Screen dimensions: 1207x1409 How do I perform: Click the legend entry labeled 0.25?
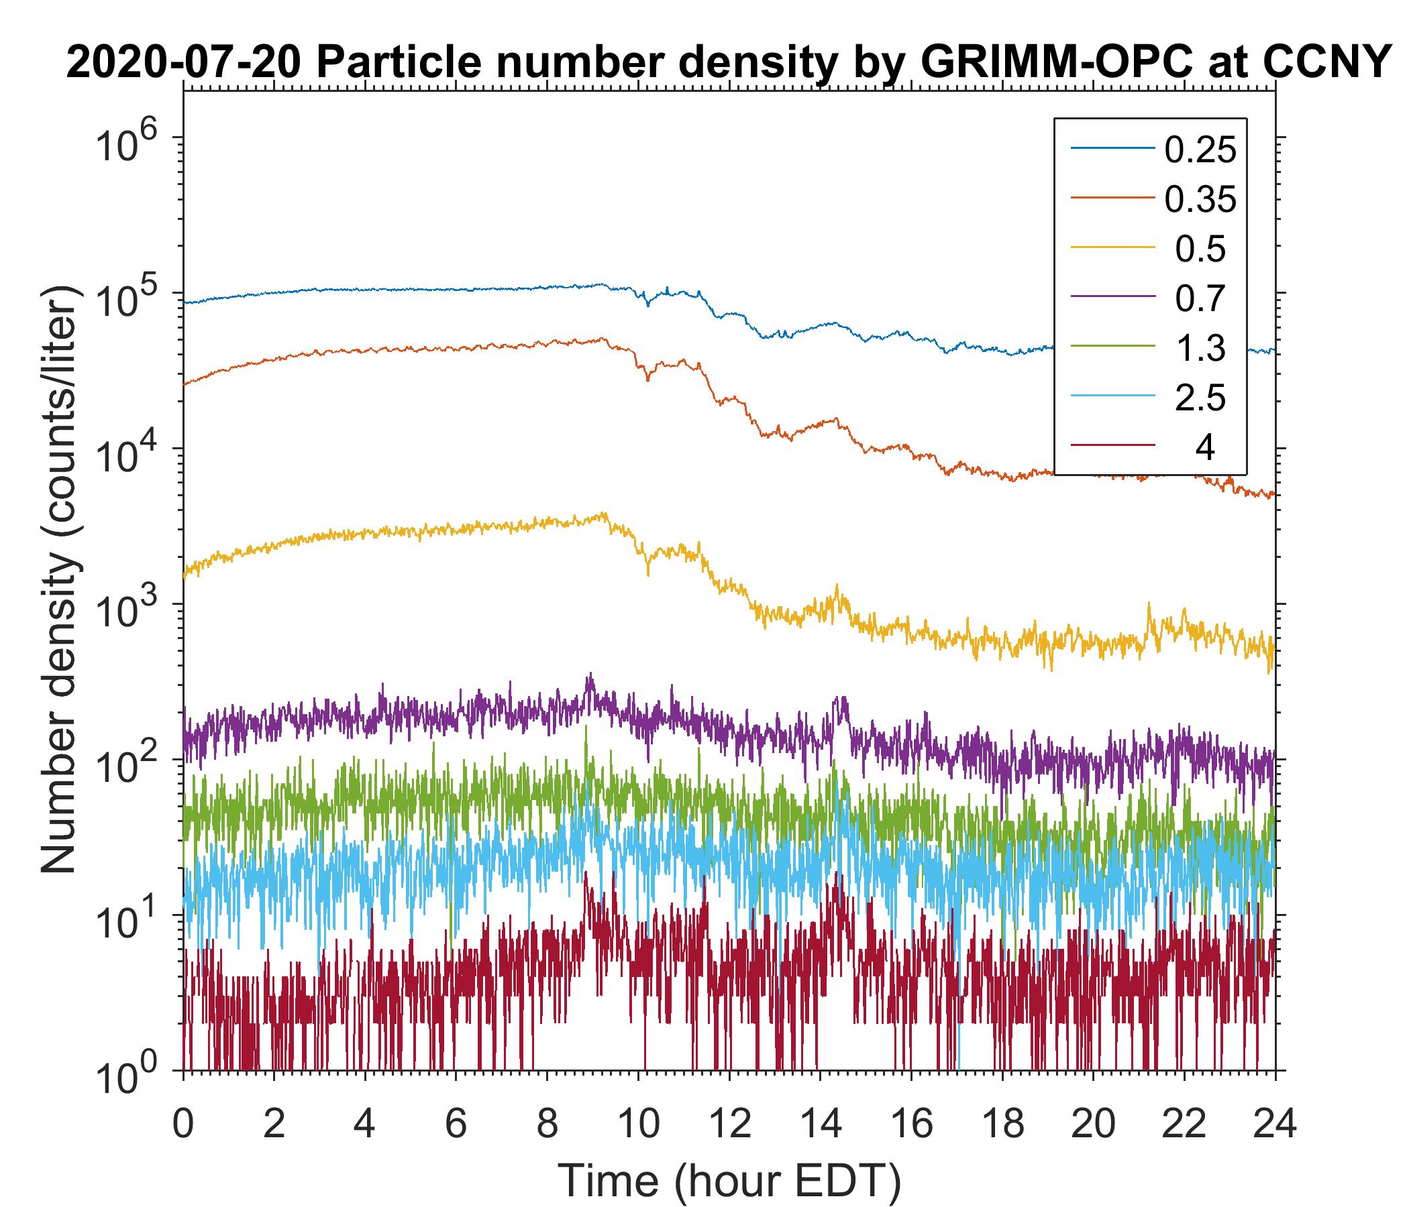[1200, 150]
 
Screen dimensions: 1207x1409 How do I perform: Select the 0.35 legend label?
[1200, 199]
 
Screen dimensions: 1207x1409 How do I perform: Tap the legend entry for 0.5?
[1200, 249]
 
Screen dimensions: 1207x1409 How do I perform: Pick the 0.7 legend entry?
[1200, 298]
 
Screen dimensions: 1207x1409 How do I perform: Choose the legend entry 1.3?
[1200, 348]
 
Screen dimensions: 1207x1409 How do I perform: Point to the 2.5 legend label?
[1200, 398]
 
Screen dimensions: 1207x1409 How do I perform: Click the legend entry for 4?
[1204, 447]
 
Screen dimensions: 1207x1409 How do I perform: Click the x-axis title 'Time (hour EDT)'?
[730, 1181]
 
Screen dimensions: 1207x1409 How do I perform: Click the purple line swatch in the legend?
[1112, 298]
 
